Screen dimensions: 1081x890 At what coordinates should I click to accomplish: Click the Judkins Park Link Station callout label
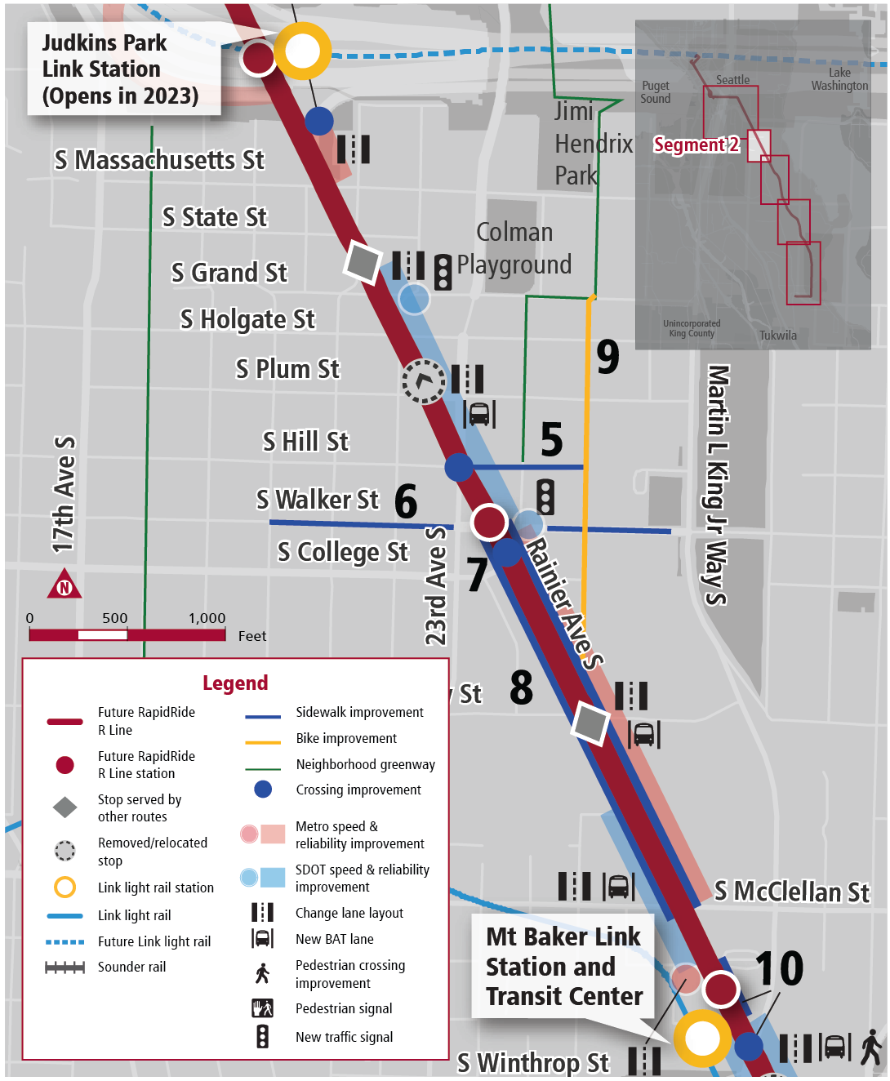(121, 69)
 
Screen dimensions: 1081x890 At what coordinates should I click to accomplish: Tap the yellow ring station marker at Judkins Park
(302, 51)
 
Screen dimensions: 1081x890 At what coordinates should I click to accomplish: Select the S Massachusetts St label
(159, 160)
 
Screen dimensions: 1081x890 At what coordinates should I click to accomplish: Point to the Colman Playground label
(514, 249)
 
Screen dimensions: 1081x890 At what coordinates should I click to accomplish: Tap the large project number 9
(607, 357)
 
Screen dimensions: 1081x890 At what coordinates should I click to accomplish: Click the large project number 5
(552, 440)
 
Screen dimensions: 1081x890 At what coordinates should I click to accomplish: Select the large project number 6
(406, 501)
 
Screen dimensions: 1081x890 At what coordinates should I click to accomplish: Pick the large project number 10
(779, 969)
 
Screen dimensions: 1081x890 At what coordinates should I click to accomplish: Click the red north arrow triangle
(65, 585)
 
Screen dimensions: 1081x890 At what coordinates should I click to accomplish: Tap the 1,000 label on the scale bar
(207, 618)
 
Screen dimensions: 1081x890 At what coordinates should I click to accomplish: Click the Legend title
(235, 683)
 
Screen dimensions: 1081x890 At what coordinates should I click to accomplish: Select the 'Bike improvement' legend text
(346, 738)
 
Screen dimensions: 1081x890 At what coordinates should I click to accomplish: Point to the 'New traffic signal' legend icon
(262, 1037)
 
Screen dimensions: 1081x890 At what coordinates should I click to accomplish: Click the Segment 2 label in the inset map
(696, 145)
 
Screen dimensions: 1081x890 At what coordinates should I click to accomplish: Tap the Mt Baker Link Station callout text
(563, 967)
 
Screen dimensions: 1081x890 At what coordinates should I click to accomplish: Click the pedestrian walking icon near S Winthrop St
(871, 1047)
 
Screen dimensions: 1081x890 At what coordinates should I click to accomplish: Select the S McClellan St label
(791, 892)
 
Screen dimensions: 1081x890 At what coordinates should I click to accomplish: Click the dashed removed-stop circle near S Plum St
(424, 381)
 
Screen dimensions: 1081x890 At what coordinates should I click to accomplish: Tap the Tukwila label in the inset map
(777, 336)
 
